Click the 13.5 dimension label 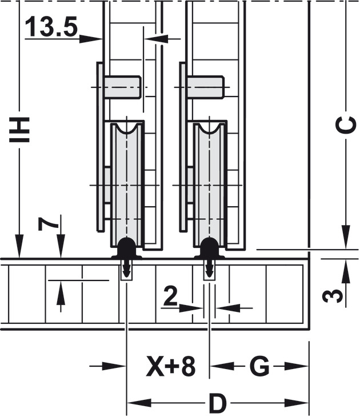tap(51, 26)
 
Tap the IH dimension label tap(19, 129)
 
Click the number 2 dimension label tap(170, 295)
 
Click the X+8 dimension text tap(171, 367)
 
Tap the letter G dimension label tap(259, 367)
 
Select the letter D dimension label tap(218, 403)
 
